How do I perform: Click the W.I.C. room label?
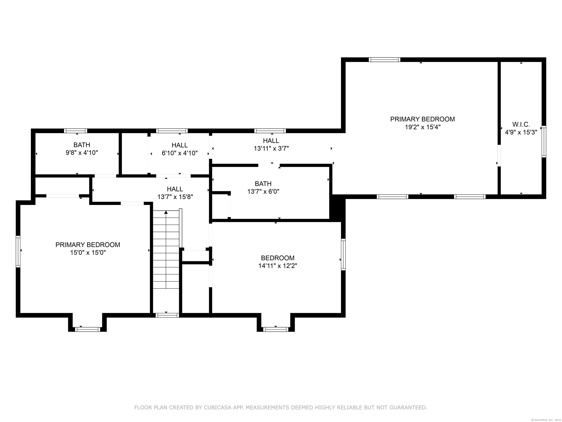[521, 124]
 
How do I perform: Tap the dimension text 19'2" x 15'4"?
[423, 127]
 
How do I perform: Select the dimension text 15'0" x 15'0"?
[88, 253]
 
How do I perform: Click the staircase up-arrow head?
[166, 212]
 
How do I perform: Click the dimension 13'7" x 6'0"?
[263, 191]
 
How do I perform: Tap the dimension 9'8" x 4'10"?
[82, 153]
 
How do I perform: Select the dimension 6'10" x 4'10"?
[180, 153]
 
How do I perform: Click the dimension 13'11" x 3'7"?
[271, 148]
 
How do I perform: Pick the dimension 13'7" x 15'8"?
[175, 197]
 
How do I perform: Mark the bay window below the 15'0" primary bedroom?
[87, 329]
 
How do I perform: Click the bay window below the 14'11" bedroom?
[276, 329]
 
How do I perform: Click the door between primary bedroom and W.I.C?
[499, 156]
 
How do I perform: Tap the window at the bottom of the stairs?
[167, 315]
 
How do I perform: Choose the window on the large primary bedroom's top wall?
[384, 60]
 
